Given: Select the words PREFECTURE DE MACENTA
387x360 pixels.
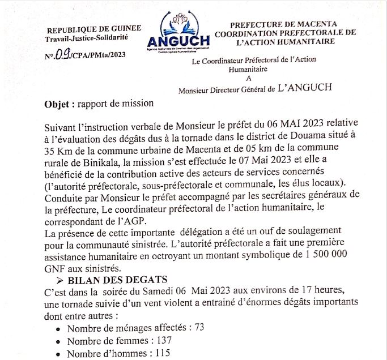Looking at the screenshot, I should (283, 24).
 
